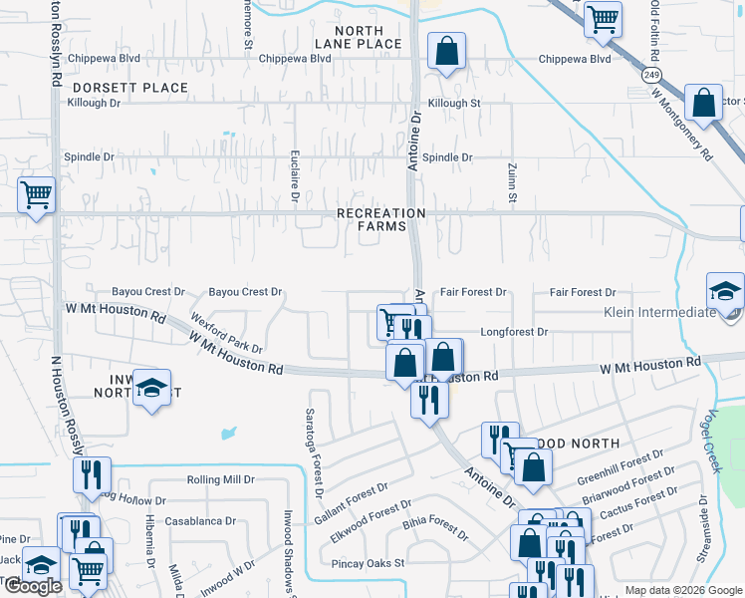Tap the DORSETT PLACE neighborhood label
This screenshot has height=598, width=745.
[x=129, y=88]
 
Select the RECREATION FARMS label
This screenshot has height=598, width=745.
[x=380, y=219]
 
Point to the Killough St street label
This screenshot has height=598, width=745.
[x=454, y=103]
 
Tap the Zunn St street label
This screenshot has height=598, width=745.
[x=512, y=184]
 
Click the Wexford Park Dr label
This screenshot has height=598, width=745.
[x=227, y=335]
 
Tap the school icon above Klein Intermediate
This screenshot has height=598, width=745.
[x=725, y=291]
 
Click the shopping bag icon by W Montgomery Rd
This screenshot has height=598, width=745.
[x=703, y=104]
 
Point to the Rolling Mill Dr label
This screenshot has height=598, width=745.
[x=220, y=479]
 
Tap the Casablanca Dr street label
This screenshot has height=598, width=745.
[x=200, y=520]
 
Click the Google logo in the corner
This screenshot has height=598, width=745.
[x=33, y=586]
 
